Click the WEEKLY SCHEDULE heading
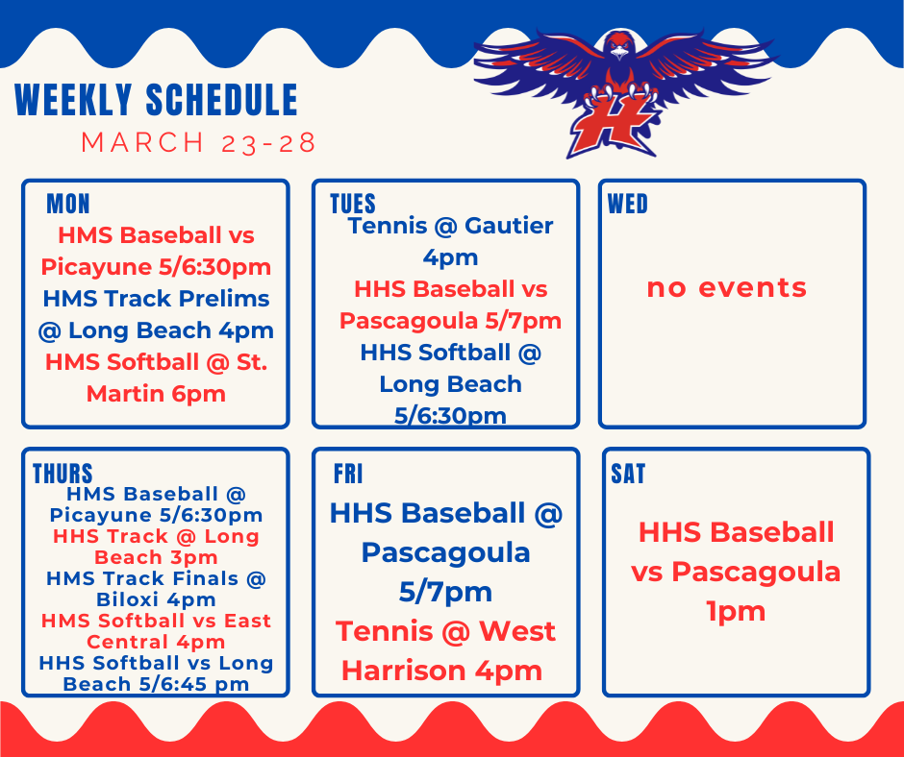tap(157, 101)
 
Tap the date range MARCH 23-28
tap(199, 143)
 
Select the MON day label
tap(68, 204)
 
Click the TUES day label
tap(352, 204)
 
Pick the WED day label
tap(628, 204)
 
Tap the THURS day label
tap(63, 474)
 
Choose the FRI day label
tap(348, 474)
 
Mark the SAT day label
tap(628, 474)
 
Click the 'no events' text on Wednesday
tap(726, 287)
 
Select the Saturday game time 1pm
tap(736, 611)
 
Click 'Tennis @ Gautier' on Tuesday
tap(450, 226)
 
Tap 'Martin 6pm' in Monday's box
tap(156, 393)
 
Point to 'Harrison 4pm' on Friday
tap(441, 670)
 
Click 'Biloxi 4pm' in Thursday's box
tap(156, 599)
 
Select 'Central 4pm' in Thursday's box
tap(156, 642)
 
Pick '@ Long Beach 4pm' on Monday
tap(156, 330)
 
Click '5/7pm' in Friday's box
tap(445, 591)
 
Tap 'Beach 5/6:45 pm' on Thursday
tap(156, 684)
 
